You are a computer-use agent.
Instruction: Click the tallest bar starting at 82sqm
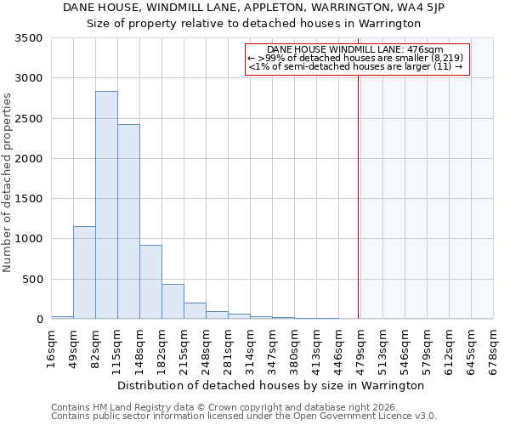106,205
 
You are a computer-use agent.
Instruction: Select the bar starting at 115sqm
128,222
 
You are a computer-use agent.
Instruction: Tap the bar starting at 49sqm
84,272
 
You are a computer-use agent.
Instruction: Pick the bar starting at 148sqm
150,281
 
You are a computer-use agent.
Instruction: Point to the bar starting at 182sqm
173,301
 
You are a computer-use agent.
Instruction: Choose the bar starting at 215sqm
195,310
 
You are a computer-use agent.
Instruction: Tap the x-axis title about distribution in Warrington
270,385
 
